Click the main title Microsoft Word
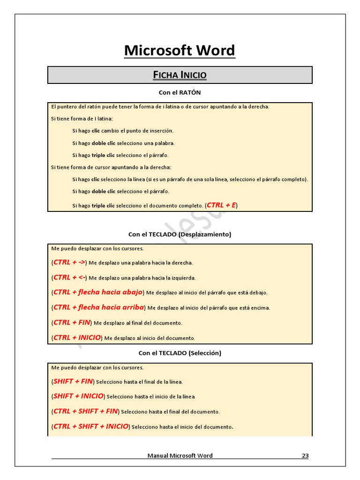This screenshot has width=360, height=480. (180, 51)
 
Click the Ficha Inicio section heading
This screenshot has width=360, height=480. (180, 75)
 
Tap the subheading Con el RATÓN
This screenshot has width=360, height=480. (180, 93)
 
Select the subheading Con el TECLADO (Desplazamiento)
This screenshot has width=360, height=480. (180, 234)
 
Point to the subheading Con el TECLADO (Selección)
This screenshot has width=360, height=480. (180, 353)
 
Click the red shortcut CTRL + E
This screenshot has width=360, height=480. (221, 205)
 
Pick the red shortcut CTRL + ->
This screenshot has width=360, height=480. (69, 262)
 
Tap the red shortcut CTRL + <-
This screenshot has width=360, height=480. (69, 277)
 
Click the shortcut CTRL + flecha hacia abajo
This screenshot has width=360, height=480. (98, 292)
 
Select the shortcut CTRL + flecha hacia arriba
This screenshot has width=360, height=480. (98, 307)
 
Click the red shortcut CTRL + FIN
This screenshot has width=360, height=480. (72, 322)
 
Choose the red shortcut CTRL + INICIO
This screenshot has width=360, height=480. (77, 337)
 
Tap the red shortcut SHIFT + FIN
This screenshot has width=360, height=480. (73, 381)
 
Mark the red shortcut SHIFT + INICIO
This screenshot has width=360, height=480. (78, 396)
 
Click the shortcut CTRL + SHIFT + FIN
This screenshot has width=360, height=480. (85, 411)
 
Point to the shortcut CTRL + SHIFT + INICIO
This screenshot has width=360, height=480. (90, 426)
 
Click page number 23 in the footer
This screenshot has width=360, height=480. (305, 456)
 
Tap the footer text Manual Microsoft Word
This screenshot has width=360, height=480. (180, 456)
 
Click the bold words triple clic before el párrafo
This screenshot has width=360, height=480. (103, 155)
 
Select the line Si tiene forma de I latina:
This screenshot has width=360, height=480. (82, 119)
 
